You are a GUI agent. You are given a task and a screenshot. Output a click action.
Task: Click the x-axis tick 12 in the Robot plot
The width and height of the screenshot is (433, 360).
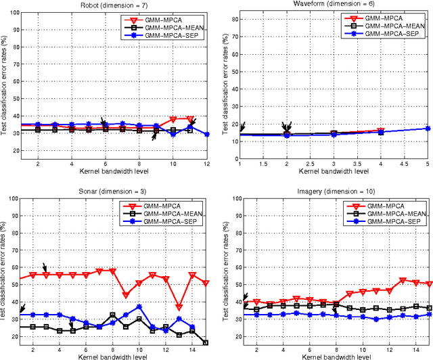point(207,164)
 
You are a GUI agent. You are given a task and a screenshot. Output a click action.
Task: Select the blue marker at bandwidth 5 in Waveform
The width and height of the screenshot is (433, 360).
point(427,129)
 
